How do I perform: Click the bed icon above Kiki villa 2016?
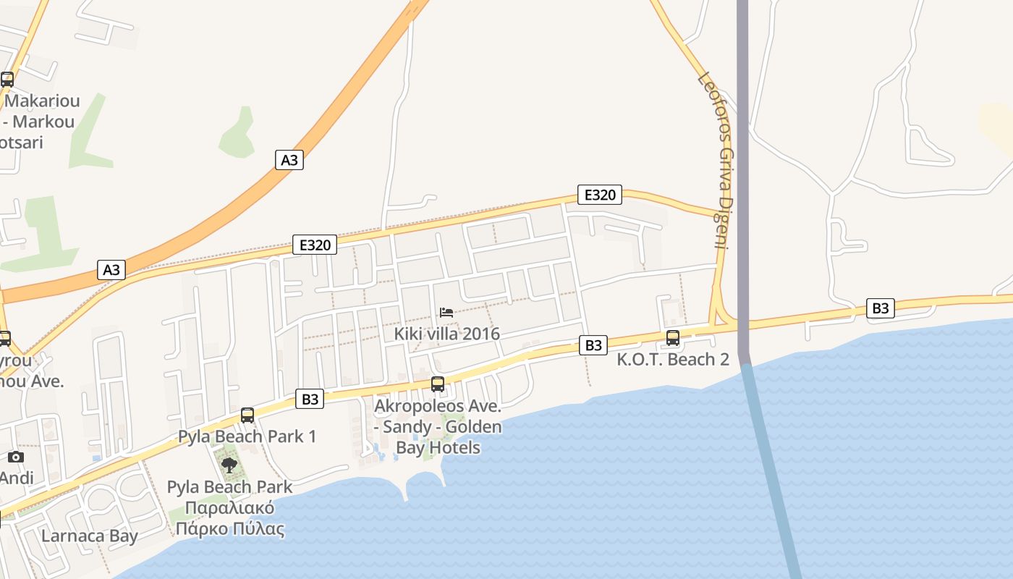(446, 313)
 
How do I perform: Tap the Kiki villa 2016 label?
(447, 334)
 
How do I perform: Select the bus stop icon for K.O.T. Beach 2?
(673, 338)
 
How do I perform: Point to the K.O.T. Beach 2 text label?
(673, 360)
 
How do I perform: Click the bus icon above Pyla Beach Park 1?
(247, 415)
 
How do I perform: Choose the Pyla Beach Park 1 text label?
(247, 436)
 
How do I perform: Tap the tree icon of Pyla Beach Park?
(229, 465)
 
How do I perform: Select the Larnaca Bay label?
(90, 536)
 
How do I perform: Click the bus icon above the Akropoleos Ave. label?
(438, 384)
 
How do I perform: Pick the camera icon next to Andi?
(16, 457)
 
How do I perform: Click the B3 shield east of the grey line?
(880, 308)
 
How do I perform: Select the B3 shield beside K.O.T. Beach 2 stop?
(593, 345)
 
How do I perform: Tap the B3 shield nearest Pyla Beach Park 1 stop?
(310, 399)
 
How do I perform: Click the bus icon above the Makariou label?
(7, 80)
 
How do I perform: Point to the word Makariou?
(42, 101)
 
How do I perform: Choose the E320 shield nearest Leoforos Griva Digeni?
(600, 194)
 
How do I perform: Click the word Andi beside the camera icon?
(16, 478)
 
